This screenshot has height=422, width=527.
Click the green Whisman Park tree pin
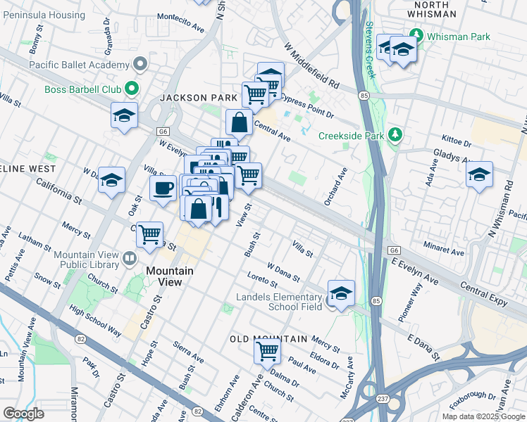pyautogui.click(x=416, y=34)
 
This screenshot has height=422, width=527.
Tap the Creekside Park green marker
pyautogui.click(x=396, y=135)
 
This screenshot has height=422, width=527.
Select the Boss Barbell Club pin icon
pyautogui.click(x=131, y=89)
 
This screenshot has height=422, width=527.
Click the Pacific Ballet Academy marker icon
pyautogui.click(x=140, y=65)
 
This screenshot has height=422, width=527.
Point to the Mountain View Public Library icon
pyautogui.click(x=129, y=259)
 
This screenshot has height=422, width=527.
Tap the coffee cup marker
pyautogui.click(x=163, y=188)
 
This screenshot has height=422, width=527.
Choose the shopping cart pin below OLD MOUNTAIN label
pyautogui.click(x=267, y=350)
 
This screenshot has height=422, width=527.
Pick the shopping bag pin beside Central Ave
pyautogui.click(x=240, y=122)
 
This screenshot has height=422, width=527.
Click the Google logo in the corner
pyautogui.click(x=24, y=414)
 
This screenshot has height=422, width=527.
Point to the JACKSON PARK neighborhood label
pyautogui.click(x=194, y=98)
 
